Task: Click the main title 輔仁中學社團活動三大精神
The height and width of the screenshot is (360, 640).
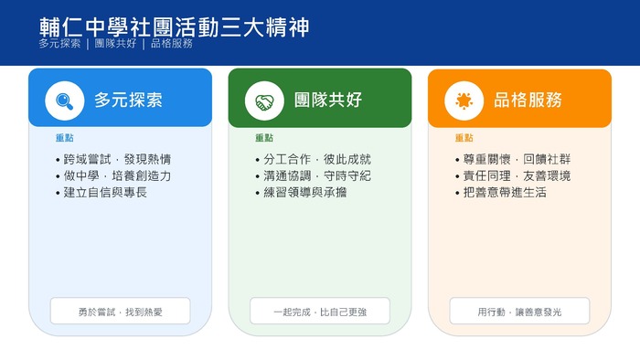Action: [174, 26]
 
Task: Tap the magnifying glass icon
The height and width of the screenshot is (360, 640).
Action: [64, 101]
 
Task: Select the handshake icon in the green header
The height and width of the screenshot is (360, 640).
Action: [264, 101]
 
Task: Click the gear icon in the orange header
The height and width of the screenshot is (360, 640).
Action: [464, 101]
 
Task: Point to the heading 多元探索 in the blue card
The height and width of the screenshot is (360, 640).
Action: [128, 101]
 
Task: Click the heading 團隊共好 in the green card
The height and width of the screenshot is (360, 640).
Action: [328, 101]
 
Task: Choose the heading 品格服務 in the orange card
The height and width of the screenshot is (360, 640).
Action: [528, 101]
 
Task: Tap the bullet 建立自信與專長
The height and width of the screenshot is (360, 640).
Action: [105, 193]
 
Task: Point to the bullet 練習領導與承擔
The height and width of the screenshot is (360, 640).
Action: [304, 193]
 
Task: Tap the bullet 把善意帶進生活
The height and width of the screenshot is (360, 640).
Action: [505, 193]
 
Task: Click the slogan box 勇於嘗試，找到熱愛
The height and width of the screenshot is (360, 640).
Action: [120, 312]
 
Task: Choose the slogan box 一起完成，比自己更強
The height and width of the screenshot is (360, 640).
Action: [320, 312]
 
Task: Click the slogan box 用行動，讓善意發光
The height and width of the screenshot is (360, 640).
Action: [519, 312]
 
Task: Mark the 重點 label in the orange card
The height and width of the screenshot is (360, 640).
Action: [464, 139]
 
